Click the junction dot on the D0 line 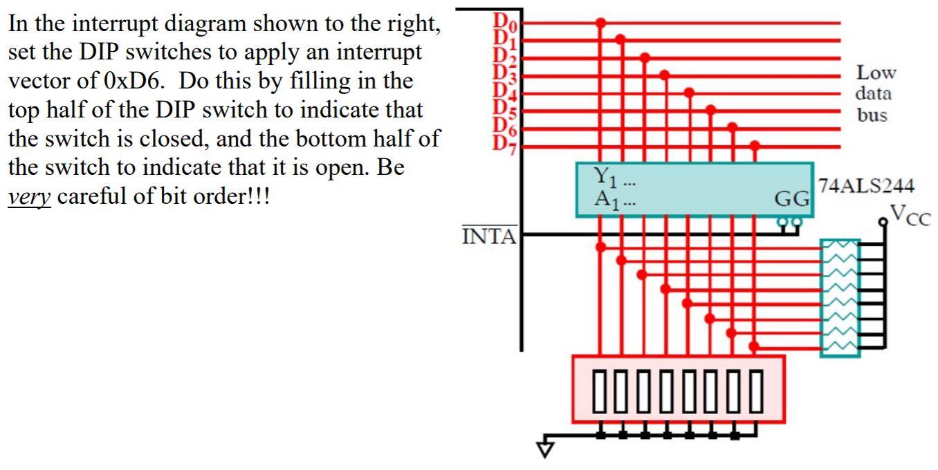(600, 23)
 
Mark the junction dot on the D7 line (755, 146)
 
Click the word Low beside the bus (876, 73)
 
